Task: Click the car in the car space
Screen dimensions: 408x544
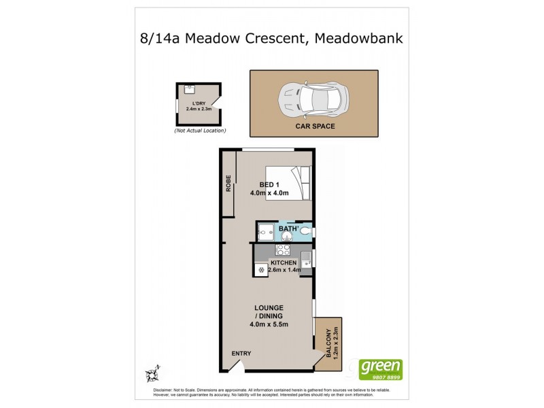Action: click(x=312, y=99)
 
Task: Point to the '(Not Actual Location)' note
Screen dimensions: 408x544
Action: click(x=200, y=130)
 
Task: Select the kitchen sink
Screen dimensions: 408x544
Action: click(x=306, y=259)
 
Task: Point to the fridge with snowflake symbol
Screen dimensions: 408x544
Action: click(x=260, y=269)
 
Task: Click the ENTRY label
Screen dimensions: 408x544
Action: click(x=241, y=353)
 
